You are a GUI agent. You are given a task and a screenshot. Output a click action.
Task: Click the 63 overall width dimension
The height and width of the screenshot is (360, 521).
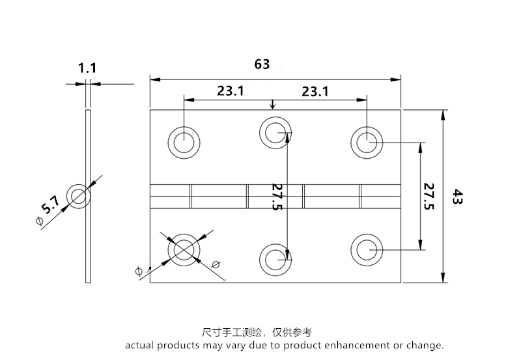262,64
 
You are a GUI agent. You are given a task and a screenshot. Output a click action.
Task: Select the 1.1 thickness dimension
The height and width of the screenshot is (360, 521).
87,68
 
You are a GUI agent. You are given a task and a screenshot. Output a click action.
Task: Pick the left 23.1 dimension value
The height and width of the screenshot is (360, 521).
231,91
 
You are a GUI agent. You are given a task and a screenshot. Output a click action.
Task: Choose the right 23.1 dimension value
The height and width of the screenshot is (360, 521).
315,91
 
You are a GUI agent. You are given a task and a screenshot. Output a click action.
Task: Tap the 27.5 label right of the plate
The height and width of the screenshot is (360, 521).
429,196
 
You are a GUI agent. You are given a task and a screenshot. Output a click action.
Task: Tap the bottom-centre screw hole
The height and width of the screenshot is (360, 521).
275,258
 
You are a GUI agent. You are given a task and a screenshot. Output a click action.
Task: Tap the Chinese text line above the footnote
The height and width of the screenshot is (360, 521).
257,332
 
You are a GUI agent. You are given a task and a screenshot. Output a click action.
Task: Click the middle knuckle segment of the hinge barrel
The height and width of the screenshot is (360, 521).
275,196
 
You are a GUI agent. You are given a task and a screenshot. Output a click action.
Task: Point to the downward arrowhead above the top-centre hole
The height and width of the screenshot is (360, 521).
272,105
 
